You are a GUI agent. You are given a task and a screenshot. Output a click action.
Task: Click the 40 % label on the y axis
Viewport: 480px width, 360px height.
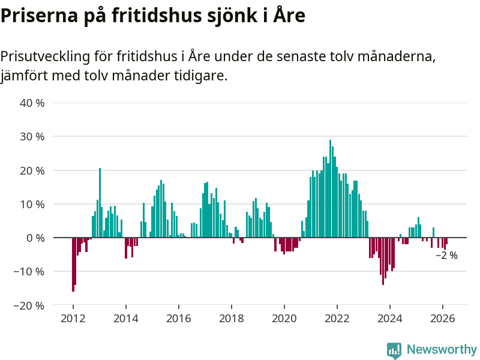point(32,103)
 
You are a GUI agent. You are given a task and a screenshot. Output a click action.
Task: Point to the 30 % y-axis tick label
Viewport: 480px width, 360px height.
point(32,136)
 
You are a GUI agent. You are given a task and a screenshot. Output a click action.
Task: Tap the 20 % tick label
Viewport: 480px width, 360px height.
point(32,170)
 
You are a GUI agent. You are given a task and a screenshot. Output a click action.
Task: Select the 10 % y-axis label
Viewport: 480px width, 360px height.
point(32,204)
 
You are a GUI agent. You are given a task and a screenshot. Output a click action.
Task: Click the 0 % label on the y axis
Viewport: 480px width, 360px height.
point(35,238)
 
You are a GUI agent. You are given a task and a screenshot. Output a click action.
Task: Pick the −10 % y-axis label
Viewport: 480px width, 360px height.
point(29,271)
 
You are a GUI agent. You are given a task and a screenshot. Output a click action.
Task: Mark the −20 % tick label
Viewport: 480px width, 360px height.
point(29,305)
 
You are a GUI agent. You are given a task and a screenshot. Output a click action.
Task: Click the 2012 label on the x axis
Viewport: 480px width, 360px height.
point(73,319)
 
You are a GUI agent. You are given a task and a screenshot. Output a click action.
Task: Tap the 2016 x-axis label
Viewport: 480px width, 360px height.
point(178,319)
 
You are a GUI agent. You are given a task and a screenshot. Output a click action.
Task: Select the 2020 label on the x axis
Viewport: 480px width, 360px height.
point(284,319)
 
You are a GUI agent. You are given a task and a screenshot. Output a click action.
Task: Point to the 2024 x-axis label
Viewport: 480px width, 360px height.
point(389,319)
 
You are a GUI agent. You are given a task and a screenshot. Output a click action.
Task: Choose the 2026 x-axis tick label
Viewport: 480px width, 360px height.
point(442,319)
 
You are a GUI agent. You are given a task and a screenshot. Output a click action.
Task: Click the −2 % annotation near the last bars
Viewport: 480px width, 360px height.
point(446,256)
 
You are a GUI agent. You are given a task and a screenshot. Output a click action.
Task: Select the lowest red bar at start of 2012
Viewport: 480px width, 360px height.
point(73,264)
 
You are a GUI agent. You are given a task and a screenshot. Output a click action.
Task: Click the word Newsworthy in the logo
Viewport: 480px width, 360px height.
point(442,349)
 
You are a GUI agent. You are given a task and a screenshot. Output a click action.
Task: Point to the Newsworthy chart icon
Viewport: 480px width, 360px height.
point(394,350)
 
